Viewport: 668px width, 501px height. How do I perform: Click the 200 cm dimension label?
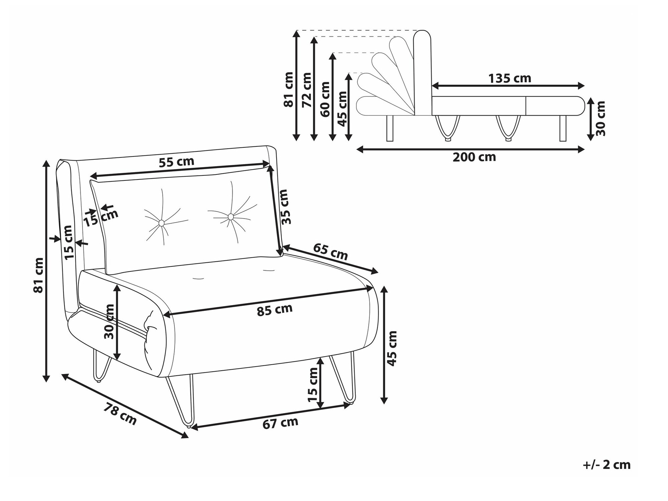[474, 157]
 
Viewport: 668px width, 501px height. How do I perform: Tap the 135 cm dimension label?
[510, 79]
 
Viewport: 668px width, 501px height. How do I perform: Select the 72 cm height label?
[307, 90]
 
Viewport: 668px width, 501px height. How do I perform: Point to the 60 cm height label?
[325, 99]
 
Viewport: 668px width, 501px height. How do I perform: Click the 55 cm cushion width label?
[176, 162]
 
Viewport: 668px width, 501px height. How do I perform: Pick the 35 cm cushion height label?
[284, 207]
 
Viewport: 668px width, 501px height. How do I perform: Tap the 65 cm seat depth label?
[330, 252]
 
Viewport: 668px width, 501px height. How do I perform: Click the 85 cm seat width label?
[275, 309]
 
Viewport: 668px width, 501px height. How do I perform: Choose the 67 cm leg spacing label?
[280, 423]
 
